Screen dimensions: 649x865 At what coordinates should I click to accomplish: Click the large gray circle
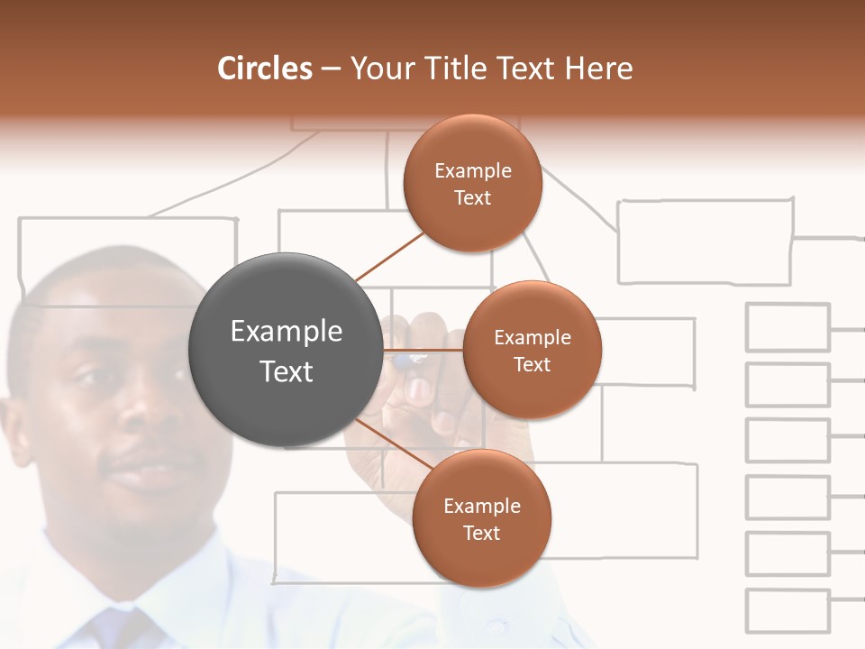(287, 350)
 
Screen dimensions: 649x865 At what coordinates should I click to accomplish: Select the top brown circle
(472, 183)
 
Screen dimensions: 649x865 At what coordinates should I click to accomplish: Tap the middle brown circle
(532, 350)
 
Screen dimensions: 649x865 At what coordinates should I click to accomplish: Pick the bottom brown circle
(481, 518)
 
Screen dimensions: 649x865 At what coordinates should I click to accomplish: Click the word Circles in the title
(264, 69)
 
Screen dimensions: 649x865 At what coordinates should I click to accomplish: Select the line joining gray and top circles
(389, 256)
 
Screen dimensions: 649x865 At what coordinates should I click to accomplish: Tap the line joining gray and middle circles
(423, 350)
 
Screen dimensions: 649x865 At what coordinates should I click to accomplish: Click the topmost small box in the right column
(788, 327)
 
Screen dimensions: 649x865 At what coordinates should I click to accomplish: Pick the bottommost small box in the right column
(788, 611)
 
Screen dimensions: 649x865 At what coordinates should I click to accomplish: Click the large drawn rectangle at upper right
(705, 242)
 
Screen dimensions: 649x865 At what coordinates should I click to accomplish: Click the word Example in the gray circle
(287, 332)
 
